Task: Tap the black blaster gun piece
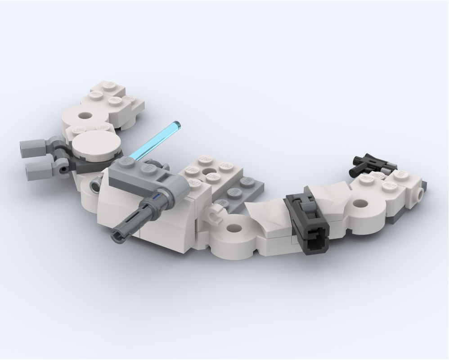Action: click(x=371, y=163)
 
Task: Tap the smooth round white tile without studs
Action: click(x=97, y=145)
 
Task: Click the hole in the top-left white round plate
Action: click(x=84, y=116)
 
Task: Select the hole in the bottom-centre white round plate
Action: click(x=233, y=229)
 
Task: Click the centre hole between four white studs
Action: click(x=208, y=171)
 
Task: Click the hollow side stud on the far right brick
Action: click(x=419, y=195)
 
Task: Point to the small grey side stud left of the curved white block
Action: click(x=95, y=184)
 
